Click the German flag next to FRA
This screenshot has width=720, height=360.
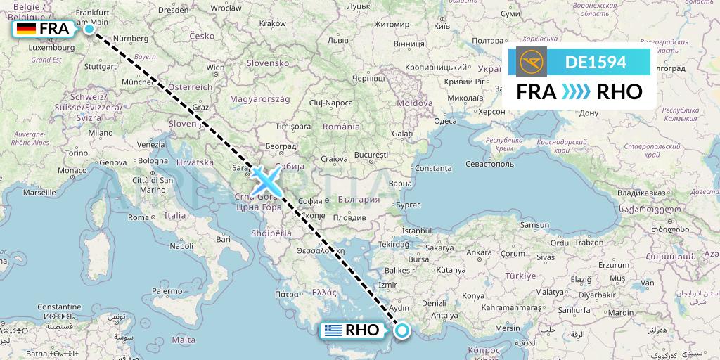27,29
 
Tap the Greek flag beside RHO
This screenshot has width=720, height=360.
333,330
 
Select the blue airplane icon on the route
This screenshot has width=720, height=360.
266,181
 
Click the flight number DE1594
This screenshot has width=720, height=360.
596,63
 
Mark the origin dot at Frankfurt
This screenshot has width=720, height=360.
89,29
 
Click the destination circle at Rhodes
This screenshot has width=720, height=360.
402,330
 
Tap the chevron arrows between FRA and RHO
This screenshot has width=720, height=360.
577,92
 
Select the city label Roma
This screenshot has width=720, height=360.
138,217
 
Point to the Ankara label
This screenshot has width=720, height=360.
480,252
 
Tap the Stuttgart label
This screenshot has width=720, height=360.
99,66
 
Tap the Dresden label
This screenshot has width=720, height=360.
173,10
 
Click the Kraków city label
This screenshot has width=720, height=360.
272,23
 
